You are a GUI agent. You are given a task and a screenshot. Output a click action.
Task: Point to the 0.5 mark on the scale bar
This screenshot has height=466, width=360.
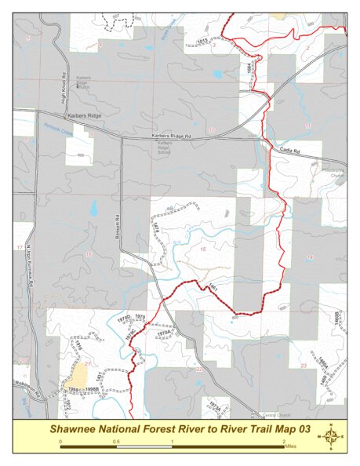[x=116, y=442]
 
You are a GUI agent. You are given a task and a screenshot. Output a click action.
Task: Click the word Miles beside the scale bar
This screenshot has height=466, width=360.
[x=291, y=446]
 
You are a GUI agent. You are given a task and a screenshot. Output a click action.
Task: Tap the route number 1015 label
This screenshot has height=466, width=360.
[x=202, y=40]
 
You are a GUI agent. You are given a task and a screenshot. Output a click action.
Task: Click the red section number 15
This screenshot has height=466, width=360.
[x=203, y=249]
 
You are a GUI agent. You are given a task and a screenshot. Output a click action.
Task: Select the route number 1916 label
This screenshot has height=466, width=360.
[x=79, y=345]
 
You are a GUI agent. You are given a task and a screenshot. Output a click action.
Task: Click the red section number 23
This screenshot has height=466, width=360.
[x=303, y=366]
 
